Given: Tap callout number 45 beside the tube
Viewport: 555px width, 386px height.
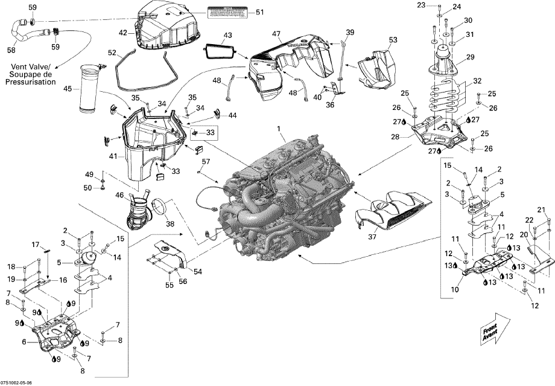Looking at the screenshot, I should point(68,89).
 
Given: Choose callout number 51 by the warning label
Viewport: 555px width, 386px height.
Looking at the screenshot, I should point(260,12).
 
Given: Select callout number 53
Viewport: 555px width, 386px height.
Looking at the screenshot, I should point(393,40).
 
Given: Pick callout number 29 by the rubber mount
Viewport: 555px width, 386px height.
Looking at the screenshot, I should point(471,57).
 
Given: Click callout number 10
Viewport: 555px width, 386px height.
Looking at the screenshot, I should point(454,289).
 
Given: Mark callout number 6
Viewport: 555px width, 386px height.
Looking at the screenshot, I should point(25,341).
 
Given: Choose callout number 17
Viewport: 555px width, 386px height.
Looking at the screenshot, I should point(36,244).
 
